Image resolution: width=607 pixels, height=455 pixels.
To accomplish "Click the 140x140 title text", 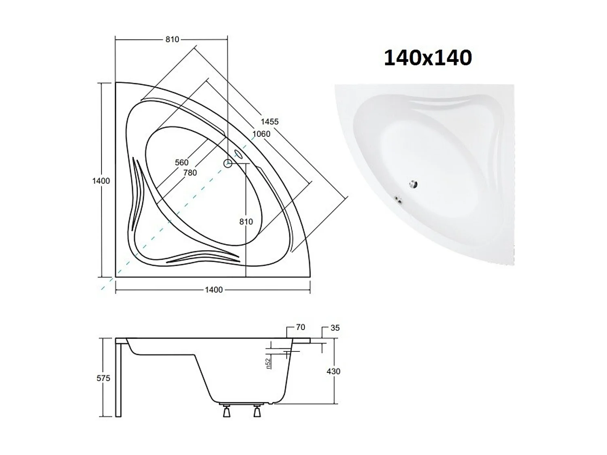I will point(428,57).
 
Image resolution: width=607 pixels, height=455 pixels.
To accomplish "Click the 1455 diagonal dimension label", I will point(270,121).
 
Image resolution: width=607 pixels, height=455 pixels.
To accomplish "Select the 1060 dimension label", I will point(261,134).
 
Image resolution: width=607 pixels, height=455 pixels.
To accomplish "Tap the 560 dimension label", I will point(182,162).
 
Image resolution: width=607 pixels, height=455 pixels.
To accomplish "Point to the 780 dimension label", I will point(190,173).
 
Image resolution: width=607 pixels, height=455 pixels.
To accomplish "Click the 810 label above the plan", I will point(172,39).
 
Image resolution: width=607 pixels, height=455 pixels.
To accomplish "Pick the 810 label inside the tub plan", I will point(246,222).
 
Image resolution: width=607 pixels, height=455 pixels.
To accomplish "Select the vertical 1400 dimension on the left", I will point(101,181).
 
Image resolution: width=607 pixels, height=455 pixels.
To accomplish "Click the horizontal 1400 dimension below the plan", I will point(214,290).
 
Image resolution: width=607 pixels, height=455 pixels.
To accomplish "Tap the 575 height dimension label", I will point(103,378).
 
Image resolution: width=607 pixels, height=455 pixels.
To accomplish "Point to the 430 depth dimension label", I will point(333,371).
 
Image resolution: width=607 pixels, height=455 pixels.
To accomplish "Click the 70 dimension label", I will point(300,327).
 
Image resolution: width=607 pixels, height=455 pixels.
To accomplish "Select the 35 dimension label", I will point(335,328).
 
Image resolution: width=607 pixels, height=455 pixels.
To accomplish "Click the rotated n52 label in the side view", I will point(268,363).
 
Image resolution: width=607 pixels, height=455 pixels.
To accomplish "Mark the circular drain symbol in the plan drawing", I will point(228,163).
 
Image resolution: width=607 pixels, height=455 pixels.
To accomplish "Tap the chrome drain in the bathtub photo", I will point(413,184).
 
